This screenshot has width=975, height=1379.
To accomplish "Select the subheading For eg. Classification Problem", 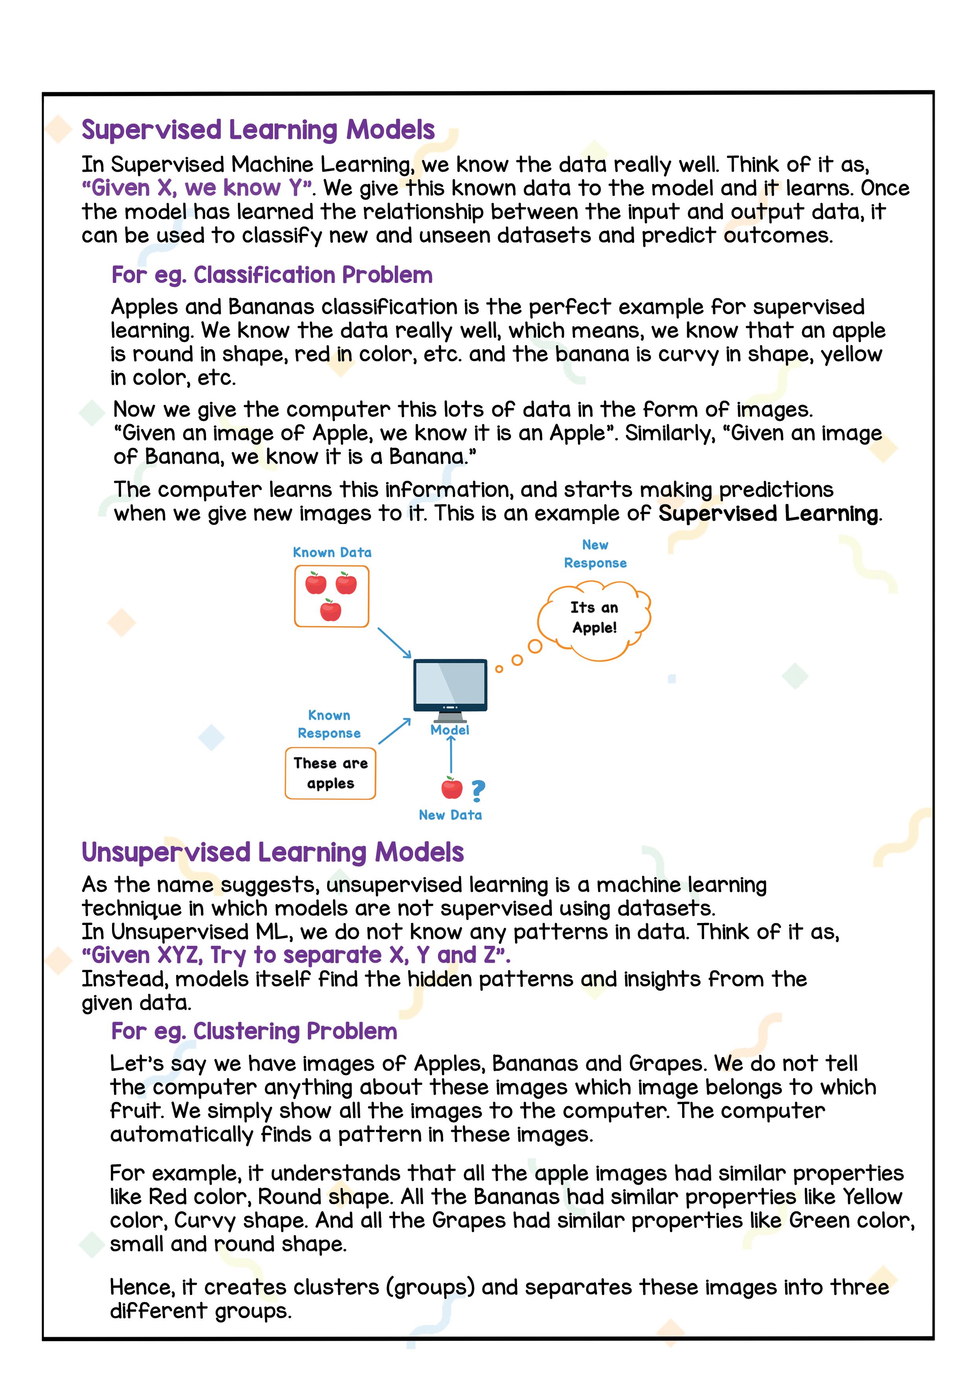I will (x=272, y=275).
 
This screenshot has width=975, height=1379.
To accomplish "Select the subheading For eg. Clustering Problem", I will (x=254, y=1031).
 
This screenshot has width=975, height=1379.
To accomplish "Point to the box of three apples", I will (x=331, y=596).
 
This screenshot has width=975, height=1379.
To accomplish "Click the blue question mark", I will (x=478, y=791).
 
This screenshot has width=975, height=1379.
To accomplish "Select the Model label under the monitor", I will (x=450, y=730).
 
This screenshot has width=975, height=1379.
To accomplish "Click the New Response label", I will (x=595, y=554).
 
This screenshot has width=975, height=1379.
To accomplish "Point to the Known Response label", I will (x=329, y=724).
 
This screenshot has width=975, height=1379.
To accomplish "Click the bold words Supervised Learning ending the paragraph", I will (x=768, y=513).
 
